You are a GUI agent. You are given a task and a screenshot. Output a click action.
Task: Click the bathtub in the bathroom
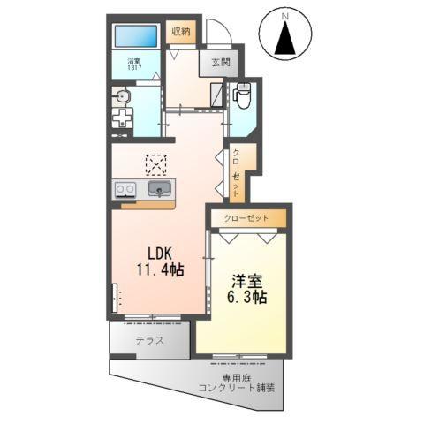[x=136, y=37]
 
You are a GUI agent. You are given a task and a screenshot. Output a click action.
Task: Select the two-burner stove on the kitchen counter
[x=125, y=188]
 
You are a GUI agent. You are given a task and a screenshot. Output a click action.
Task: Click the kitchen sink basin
[x=161, y=188]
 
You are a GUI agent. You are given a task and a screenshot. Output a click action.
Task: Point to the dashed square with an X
[x=156, y=165]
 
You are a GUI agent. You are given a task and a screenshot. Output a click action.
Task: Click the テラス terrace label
[x=149, y=340]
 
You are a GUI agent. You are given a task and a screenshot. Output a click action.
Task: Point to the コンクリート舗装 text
[x=237, y=388]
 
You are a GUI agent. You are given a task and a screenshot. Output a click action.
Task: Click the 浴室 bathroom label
[x=134, y=62]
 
